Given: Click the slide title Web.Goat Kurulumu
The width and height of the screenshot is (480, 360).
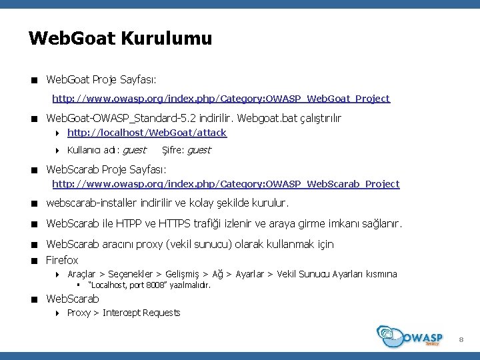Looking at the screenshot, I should [120, 38].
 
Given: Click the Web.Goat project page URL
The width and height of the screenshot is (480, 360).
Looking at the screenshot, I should [221, 99].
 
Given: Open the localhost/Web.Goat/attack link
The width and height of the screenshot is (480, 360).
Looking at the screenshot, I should [147, 133].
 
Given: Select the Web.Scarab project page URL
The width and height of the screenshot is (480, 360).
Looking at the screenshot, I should [226, 184].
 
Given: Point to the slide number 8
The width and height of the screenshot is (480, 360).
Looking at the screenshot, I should [461, 341].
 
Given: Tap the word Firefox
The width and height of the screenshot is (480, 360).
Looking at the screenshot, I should [62, 260].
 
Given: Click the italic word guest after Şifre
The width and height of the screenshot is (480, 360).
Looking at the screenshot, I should [199, 150].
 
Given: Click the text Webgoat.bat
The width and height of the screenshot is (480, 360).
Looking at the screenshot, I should [264, 118].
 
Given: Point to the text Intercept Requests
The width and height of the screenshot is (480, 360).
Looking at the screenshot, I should [141, 313].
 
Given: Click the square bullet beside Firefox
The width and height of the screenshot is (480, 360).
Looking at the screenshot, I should [33, 261].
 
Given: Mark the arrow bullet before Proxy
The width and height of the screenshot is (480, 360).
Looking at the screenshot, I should [59, 313].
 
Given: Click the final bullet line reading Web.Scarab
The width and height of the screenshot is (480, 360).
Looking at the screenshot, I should [72, 299].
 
